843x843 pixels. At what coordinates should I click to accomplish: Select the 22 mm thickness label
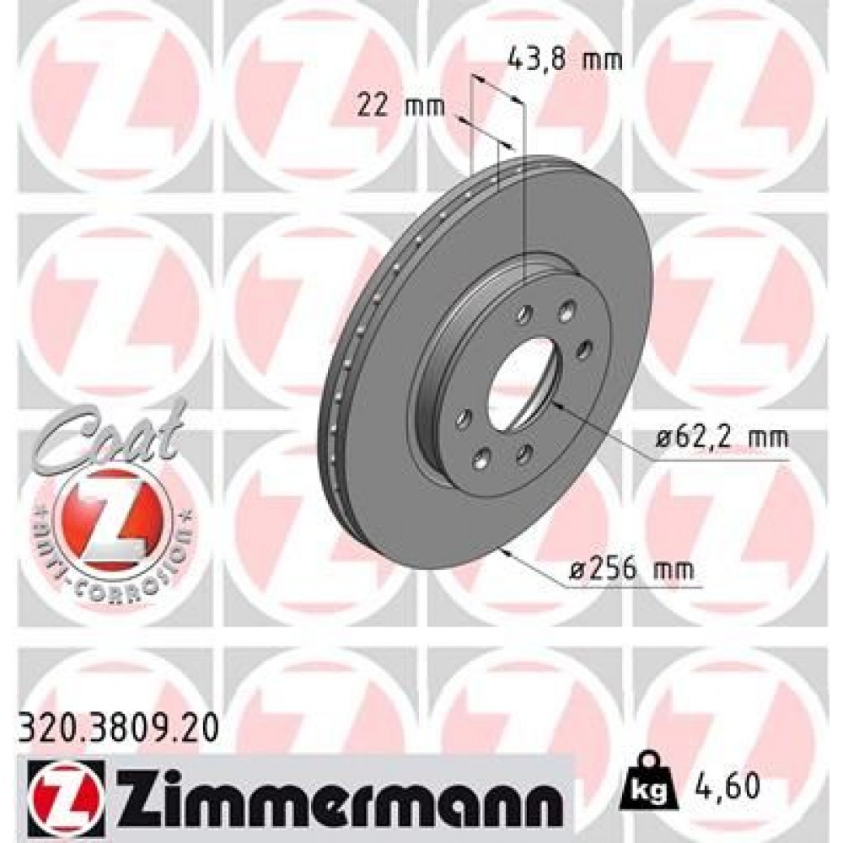(x=389, y=107)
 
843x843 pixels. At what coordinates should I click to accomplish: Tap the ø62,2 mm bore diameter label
(x=722, y=438)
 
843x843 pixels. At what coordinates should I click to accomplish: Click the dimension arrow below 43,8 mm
(x=497, y=89)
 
